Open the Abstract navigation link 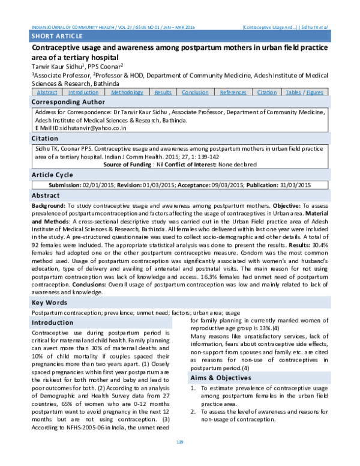[x=47, y=92]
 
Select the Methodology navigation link [x=127, y=92]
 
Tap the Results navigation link [x=163, y=92]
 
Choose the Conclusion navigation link [x=195, y=92]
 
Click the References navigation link [x=233, y=92]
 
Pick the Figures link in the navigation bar [x=314, y=92]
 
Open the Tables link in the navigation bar [x=293, y=92]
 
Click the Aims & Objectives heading [x=220, y=378]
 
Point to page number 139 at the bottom [x=179, y=459]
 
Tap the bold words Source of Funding [x=127, y=164]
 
